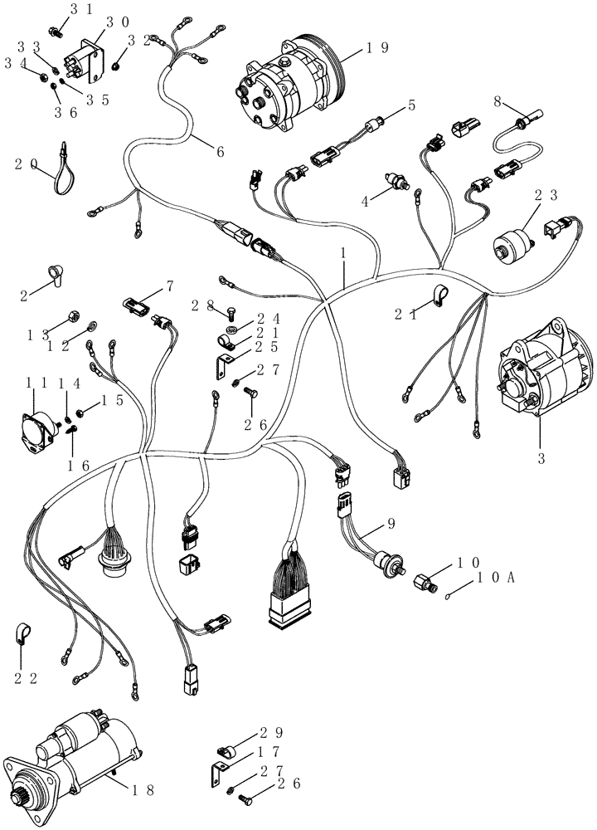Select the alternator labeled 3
coord(542,369)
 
